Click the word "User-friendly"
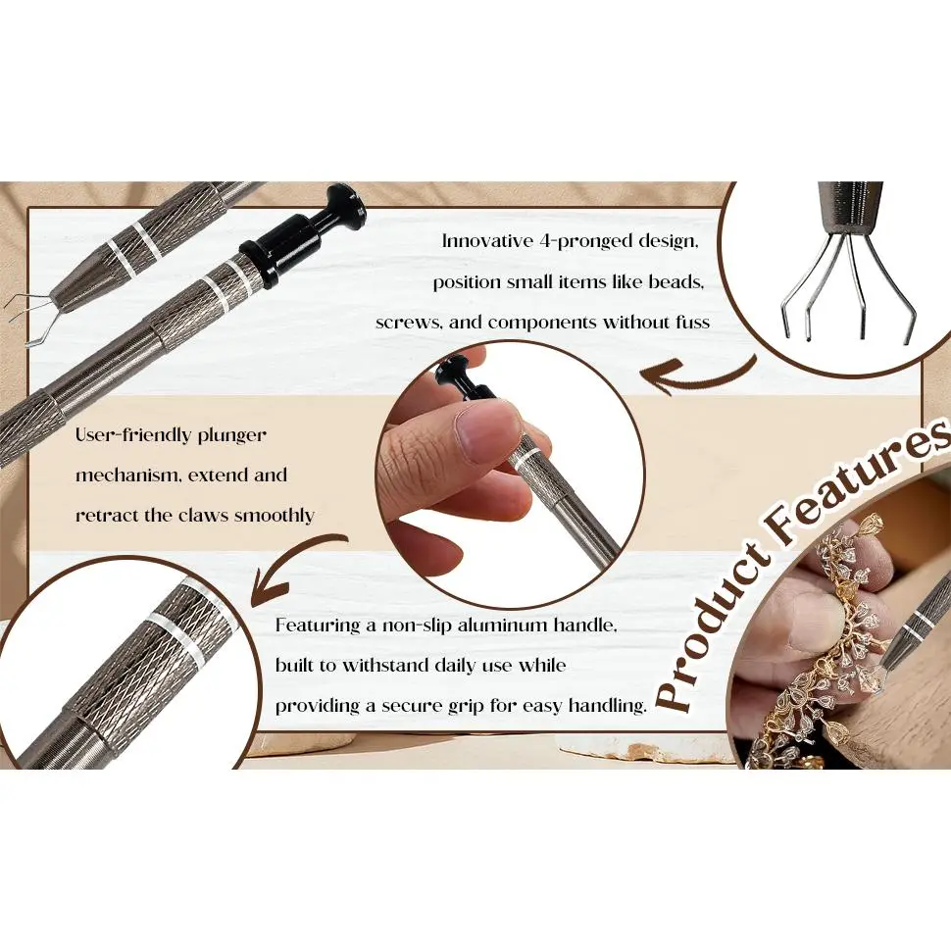coord(132,435)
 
